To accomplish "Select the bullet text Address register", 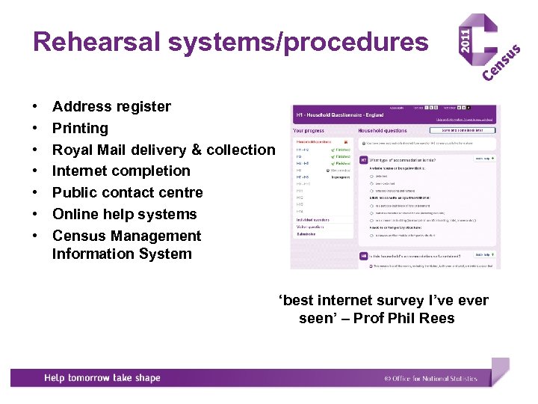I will pos(111,106).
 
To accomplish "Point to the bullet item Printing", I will pos(80,128).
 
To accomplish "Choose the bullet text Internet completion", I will pos(121,171).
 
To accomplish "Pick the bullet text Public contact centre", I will pos(127,192).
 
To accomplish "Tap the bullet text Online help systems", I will pos(124,214).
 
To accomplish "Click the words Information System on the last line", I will pos(122,254).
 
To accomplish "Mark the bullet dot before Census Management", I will pos(35,236).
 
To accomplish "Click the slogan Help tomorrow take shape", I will pos(102,378).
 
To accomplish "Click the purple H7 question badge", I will pos(364,159).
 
